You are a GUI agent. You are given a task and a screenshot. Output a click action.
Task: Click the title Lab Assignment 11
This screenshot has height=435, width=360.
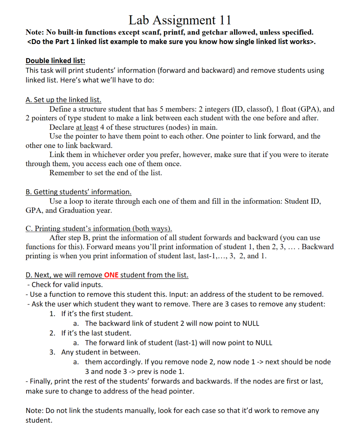tap(180, 20)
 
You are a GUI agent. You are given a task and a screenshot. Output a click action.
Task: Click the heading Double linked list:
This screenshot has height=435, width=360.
tap(55, 61)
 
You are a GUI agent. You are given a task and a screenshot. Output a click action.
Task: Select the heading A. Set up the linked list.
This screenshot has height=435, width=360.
tap(63, 100)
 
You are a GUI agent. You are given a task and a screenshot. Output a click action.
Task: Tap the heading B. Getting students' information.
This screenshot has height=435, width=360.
tap(78, 192)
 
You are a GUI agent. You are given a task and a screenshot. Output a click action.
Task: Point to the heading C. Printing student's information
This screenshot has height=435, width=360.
tap(99, 228)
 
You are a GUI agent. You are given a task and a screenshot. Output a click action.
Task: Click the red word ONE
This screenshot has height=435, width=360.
tap(111, 275)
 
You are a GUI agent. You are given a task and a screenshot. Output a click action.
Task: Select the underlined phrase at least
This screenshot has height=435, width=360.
tap(87, 127)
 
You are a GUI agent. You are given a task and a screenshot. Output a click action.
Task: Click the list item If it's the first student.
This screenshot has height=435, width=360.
tap(97, 314)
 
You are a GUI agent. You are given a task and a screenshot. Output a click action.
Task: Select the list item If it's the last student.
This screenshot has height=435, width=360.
tap(96, 333)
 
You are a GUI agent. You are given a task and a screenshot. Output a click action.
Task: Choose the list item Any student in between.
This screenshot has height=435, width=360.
tap(100, 352)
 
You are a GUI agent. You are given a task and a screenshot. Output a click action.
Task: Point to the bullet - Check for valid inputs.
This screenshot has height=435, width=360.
tap(65, 285)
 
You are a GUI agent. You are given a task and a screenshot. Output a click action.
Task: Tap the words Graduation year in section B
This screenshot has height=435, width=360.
tap(85, 210)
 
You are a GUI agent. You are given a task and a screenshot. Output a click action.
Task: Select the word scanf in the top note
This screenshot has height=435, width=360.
tap(150, 32)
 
